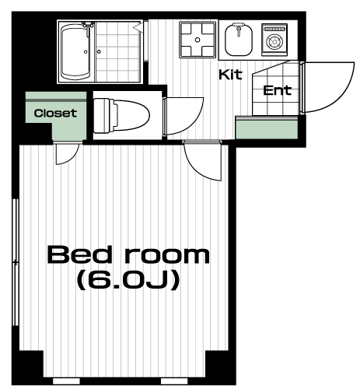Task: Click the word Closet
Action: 55,113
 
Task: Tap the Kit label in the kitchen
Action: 230,75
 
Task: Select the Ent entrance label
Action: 277,90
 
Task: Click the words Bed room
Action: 128,255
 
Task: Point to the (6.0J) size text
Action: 128,280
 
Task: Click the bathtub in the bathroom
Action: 75,52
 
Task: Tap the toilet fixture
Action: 121,116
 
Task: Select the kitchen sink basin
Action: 239,40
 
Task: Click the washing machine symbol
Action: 274,40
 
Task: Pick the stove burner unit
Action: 197,40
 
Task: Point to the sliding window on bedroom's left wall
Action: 16,262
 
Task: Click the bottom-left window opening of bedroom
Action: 66,381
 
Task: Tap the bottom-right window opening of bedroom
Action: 174,381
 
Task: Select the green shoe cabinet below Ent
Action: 267,128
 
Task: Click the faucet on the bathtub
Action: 88,25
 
